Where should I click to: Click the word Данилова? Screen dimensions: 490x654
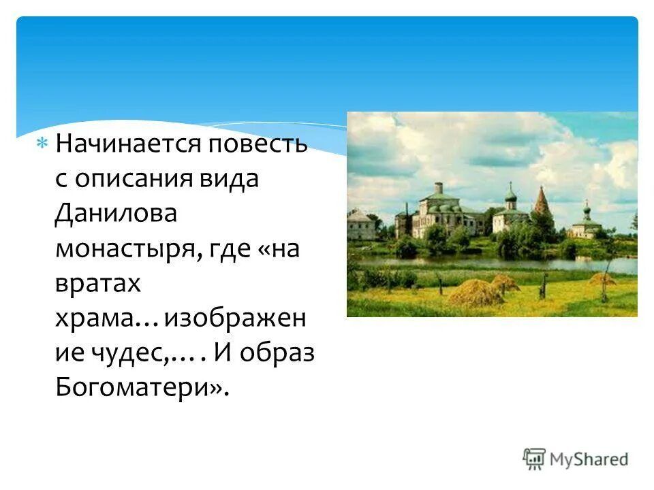click(x=116, y=214)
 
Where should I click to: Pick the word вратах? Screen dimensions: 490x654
click(x=98, y=284)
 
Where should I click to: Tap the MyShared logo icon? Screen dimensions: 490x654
click(x=535, y=459)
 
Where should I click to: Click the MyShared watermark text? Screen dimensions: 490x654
click(x=589, y=459)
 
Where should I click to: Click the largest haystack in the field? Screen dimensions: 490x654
click(x=474, y=292)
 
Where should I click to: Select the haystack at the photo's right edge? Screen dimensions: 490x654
click(x=602, y=278)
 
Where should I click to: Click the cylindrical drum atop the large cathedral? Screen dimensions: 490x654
click(x=438, y=188)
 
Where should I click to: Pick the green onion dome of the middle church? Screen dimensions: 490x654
click(x=510, y=195)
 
